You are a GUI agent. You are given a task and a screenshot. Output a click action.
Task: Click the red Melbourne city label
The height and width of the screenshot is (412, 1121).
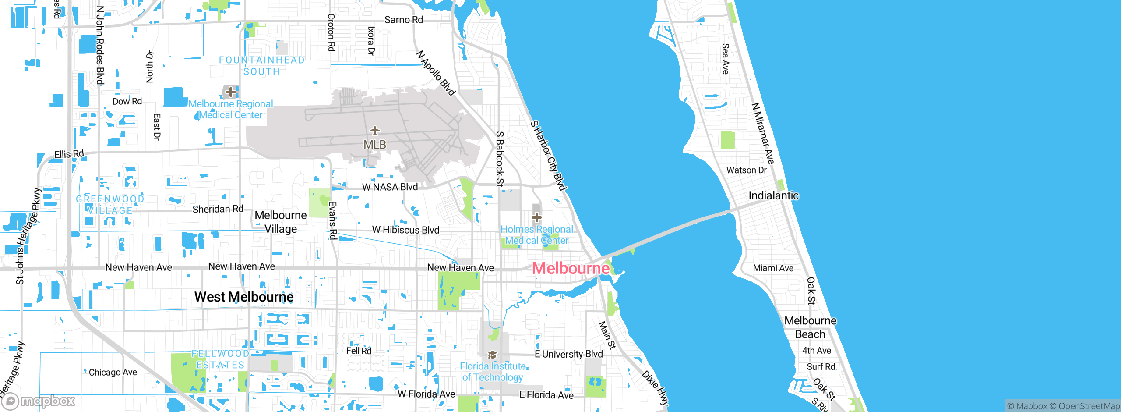[x=571, y=268]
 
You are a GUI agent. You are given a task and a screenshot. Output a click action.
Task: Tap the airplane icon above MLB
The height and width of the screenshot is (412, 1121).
[x=375, y=131]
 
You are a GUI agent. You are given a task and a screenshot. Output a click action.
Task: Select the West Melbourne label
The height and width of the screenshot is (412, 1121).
[x=244, y=297]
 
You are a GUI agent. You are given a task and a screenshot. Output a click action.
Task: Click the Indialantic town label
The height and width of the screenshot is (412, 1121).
[x=773, y=195]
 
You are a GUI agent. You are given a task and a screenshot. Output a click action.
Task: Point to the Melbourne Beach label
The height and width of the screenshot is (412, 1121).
[x=810, y=327]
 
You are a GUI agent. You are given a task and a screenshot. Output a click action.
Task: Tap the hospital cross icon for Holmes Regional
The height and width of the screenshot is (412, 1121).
[x=536, y=217]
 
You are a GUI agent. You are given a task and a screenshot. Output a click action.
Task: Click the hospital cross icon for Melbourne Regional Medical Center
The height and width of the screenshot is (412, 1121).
[x=230, y=92]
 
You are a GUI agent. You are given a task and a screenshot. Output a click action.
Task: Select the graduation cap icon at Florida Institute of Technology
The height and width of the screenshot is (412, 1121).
[x=492, y=355]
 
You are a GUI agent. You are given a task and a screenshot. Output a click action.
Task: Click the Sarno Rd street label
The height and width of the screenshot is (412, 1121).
[x=403, y=20]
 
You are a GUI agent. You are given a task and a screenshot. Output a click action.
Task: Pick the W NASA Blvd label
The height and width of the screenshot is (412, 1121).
[x=390, y=187]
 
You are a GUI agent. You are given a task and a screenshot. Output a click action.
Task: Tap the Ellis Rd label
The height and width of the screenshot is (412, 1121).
[x=69, y=154]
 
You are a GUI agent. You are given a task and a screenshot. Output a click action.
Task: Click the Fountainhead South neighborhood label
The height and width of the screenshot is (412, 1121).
[x=262, y=66]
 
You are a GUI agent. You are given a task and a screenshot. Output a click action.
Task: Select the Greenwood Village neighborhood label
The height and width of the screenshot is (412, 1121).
[x=110, y=205]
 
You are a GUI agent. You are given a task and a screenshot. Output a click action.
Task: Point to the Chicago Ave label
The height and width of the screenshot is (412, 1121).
[x=113, y=372]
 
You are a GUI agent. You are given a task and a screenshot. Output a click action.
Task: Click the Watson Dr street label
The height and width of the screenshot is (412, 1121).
[x=746, y=170]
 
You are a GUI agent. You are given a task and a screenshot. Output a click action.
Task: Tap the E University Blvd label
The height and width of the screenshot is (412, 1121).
[x=568, y=354]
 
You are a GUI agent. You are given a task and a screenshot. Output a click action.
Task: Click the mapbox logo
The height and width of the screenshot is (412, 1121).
[x=39, y=401]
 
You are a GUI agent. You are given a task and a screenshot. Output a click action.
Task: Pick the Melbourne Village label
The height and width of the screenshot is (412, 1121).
[x=281, y=222]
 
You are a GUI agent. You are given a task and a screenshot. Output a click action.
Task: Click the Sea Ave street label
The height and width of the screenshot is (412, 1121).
[x=726, y=59]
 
